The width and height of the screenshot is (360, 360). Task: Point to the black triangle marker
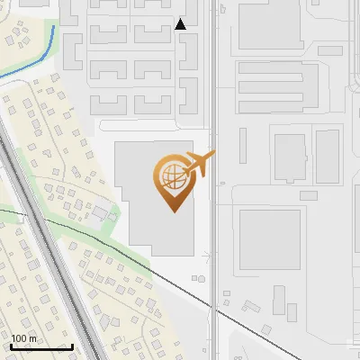pyautogui.click(x=181, y=24)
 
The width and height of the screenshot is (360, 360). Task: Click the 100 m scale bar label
pyautogui.click(x=24, y=338)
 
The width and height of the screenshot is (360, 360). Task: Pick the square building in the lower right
pyautogui.click(x=270, y=238)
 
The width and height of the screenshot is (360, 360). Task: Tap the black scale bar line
pyautogui.click(x=41, y=347)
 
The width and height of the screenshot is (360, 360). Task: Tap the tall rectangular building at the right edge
pyautogui.click(x=328, y=156)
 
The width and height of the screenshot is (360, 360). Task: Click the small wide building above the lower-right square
pyautogui.click(x=308, y=195)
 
